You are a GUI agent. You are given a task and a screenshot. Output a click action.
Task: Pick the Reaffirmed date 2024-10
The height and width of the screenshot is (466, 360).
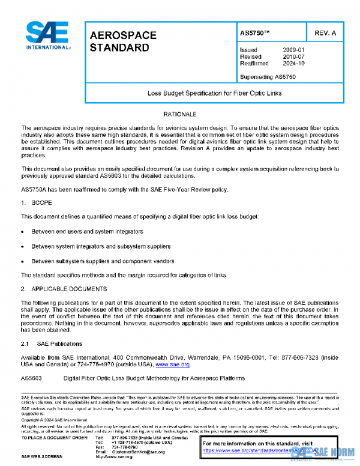[x=293, y=62]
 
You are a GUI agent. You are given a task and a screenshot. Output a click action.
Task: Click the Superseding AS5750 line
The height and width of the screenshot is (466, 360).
[x=268, y=77]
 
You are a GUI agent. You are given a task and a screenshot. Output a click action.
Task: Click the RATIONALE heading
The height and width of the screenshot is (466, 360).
[x=180, y=114]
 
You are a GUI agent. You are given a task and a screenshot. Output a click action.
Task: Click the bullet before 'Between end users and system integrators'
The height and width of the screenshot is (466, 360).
[x=22, y=231]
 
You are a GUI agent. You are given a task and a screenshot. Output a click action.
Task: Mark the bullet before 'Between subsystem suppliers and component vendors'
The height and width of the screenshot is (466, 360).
[x=22, y=261]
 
